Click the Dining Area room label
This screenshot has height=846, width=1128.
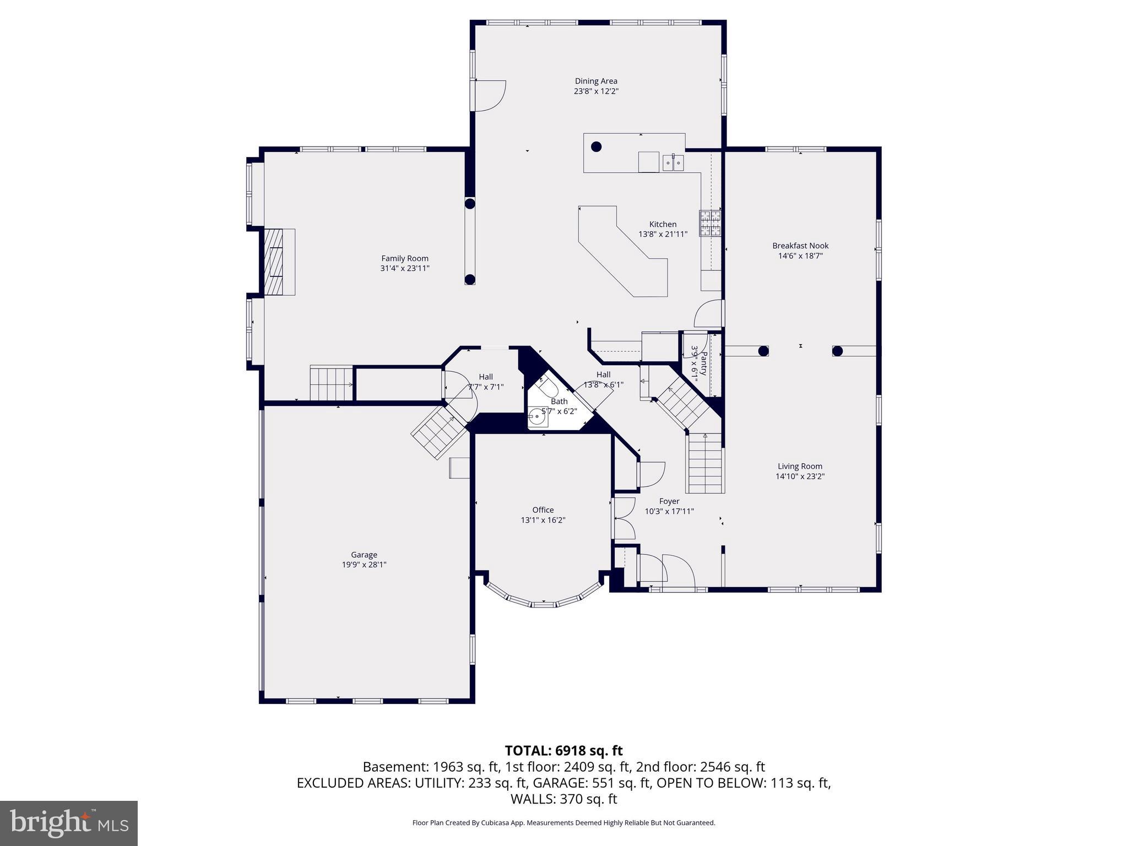coord(596,81)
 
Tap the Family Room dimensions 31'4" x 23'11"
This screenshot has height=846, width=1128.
coord(405,269)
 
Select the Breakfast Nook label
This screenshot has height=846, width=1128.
coord(800,246)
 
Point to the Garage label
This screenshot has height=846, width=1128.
coord(364,555)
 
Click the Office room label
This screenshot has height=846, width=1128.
coord(543,510)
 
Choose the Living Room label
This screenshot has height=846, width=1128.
coord(800,467)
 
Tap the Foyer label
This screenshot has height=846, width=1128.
coord(669,501)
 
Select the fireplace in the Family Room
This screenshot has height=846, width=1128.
coord(279,262)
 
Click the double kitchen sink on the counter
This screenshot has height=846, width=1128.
coord(673,162)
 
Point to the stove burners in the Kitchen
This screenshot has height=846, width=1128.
coord(710,223)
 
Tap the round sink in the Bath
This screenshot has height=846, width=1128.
coord(537,417)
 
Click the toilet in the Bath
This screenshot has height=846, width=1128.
coord(546,386)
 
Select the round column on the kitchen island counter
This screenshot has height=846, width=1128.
coord(596,147)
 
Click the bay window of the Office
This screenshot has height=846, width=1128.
coord(543,602)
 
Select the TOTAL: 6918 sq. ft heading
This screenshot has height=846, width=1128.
coord(563,750)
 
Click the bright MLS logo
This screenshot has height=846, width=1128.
coord(69,823)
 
